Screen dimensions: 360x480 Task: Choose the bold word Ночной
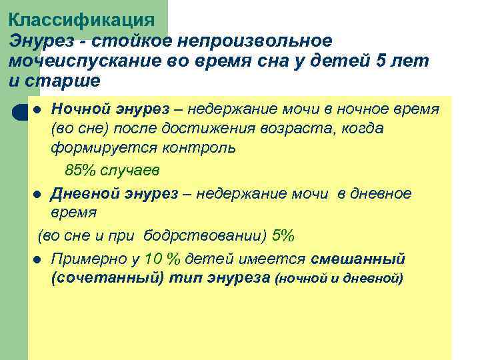click(x=80, y=109)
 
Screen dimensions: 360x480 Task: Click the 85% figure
click(x=79, y=170)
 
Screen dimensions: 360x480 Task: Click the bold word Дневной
click(x=85, y=193)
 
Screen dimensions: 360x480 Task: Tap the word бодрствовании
click(x=213, y=235)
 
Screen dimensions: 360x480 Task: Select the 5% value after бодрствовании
click(x=283, y=235)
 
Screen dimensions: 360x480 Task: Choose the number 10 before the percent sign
click(x=153, y=259)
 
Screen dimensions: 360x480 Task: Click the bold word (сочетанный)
click(x=107, y=278)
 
